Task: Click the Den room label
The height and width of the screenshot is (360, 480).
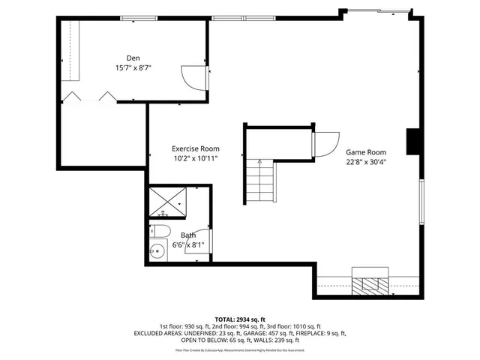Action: [133, 58]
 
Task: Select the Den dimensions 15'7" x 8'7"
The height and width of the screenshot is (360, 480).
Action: [133, 67]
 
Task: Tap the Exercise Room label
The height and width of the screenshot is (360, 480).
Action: [195, 148]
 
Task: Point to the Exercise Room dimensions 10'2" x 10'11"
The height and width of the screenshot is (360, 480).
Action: [195, 159]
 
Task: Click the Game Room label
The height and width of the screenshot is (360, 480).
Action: [365, 151]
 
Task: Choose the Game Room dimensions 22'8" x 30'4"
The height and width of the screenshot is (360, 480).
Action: [365, 162]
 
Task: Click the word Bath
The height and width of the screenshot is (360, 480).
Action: [188, 235]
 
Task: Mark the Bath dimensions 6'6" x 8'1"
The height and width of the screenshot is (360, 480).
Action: [188, 244]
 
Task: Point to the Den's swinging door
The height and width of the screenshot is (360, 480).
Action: [193, 76]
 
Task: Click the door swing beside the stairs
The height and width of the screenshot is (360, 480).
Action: [325, 140]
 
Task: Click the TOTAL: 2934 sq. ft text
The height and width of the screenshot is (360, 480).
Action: [239, 319]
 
